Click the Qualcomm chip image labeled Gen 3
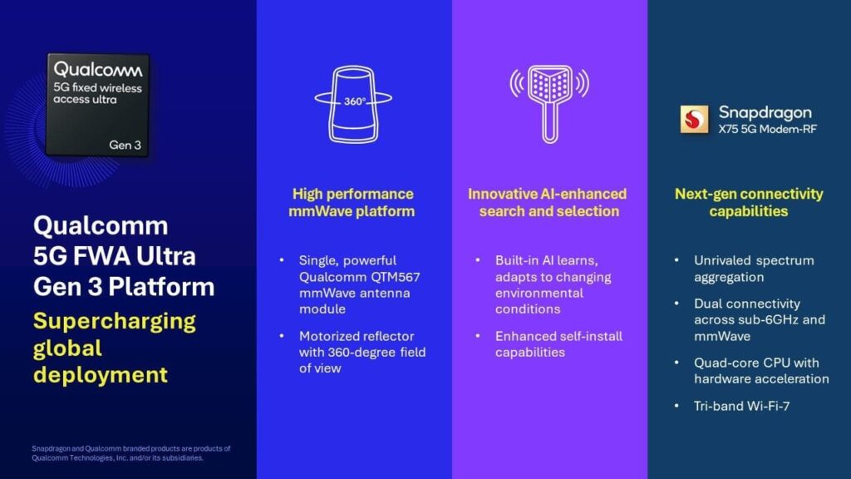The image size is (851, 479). click(x=98, y=105)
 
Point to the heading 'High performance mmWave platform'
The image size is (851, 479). click(x=352, y=202)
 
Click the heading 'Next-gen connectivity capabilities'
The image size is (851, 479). click(x=749, y=202)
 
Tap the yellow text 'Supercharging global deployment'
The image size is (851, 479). click(x=115, y=348)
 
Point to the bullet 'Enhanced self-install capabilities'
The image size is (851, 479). click(x=558, y=344)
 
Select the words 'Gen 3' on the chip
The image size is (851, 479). click(x=125, y=145)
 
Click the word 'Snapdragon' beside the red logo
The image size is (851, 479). click(x=765, y=112)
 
